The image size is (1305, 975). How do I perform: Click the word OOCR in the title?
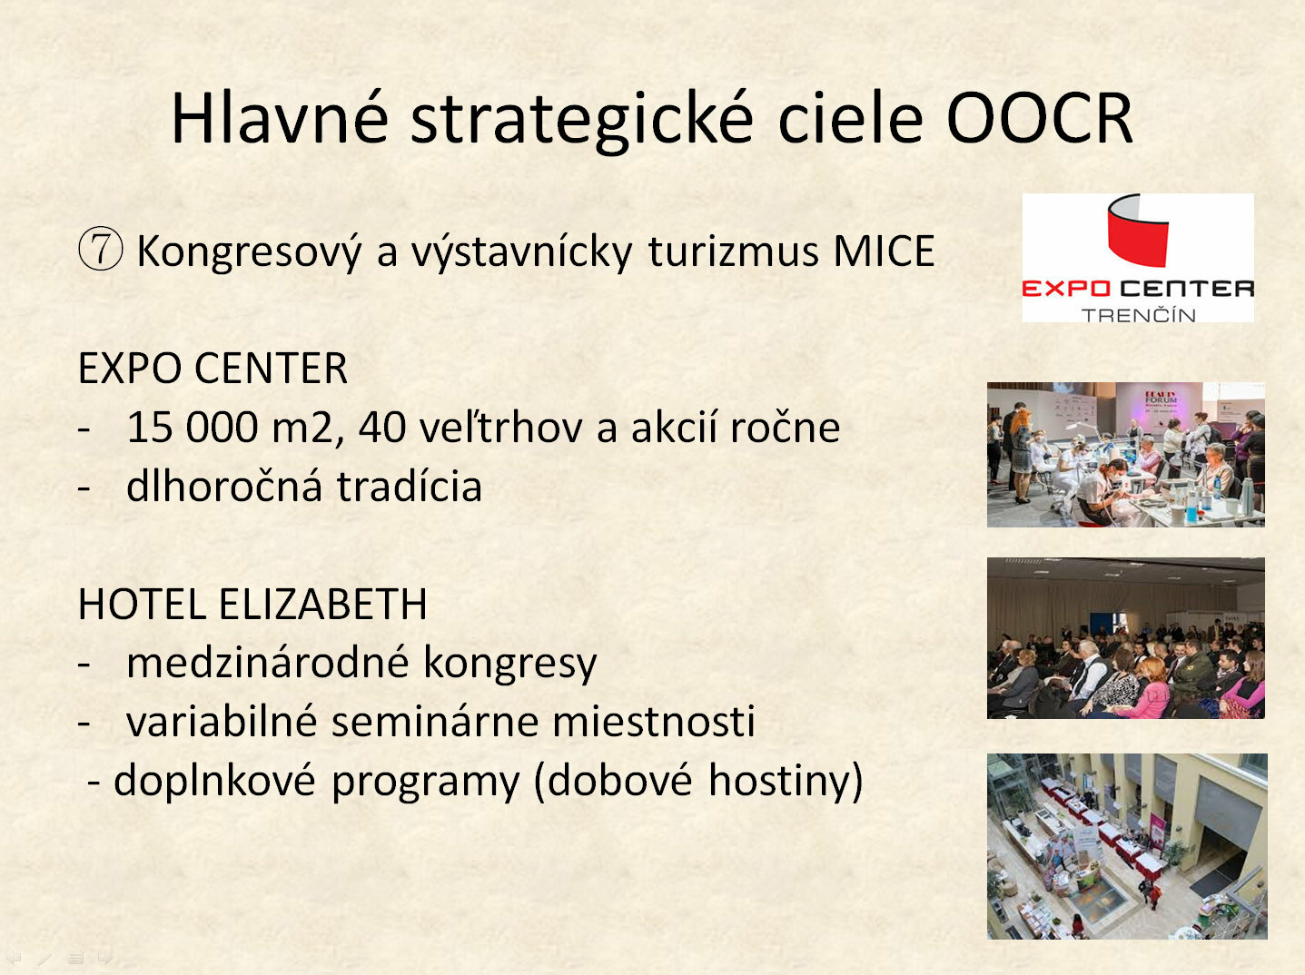(1039, 118)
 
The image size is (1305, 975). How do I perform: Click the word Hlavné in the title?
(280, 118)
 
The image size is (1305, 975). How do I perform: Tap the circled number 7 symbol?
(101, 251)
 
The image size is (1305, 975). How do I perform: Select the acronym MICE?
(884, 251)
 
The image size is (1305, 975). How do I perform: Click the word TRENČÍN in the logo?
(1138, 314)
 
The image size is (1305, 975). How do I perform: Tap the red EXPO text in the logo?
(1066, 289)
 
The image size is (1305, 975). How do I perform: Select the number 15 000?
(192, 428)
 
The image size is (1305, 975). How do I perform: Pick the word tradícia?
(409, 487)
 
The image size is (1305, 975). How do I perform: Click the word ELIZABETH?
(322, 604)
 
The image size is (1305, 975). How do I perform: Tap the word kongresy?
(509, 665)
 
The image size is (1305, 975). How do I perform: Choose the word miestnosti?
(653, 722)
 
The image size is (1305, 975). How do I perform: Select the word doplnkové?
(214, 782)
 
